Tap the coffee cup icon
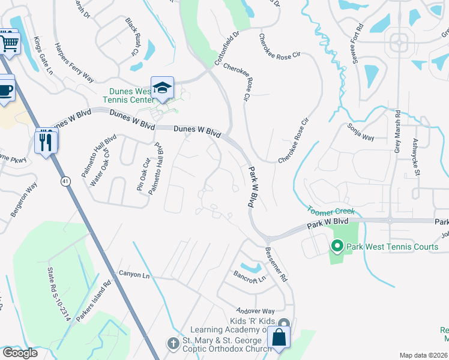click(5, 90)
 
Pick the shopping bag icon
click(279, 337)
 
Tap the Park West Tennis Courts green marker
click(337, 247)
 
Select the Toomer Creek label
click(331, 211)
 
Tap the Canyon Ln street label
click(133, 275)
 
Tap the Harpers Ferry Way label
click(74, 62)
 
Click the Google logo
click(20, 353)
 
